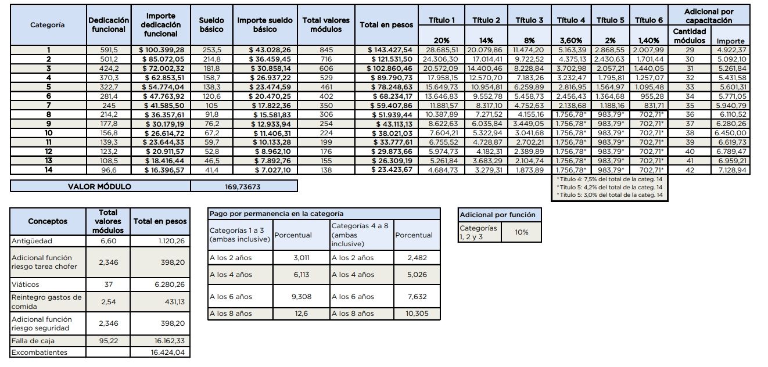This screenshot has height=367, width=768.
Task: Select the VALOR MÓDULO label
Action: (x=100, y=186)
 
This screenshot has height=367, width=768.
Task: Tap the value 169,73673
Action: (x=243, y=186)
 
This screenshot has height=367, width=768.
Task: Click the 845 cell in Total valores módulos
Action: (x=326, y=50)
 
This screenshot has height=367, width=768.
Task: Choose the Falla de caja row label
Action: (x=33, y=341)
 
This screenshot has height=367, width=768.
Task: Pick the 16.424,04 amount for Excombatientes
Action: (x=168, y=352)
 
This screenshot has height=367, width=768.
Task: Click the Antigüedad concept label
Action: (x=32, y=240)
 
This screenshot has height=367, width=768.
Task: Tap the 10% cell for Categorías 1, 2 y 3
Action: (x=522, y=232)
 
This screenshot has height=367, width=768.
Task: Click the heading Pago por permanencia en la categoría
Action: (x=276, y=214)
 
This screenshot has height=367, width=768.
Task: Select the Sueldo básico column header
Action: (x=211, y=24)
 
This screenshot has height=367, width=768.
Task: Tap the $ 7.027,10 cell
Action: (x=270, y=170)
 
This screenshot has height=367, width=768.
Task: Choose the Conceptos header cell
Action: (x=48, y=221)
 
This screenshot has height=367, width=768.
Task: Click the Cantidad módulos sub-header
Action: (x=689, y=36)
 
